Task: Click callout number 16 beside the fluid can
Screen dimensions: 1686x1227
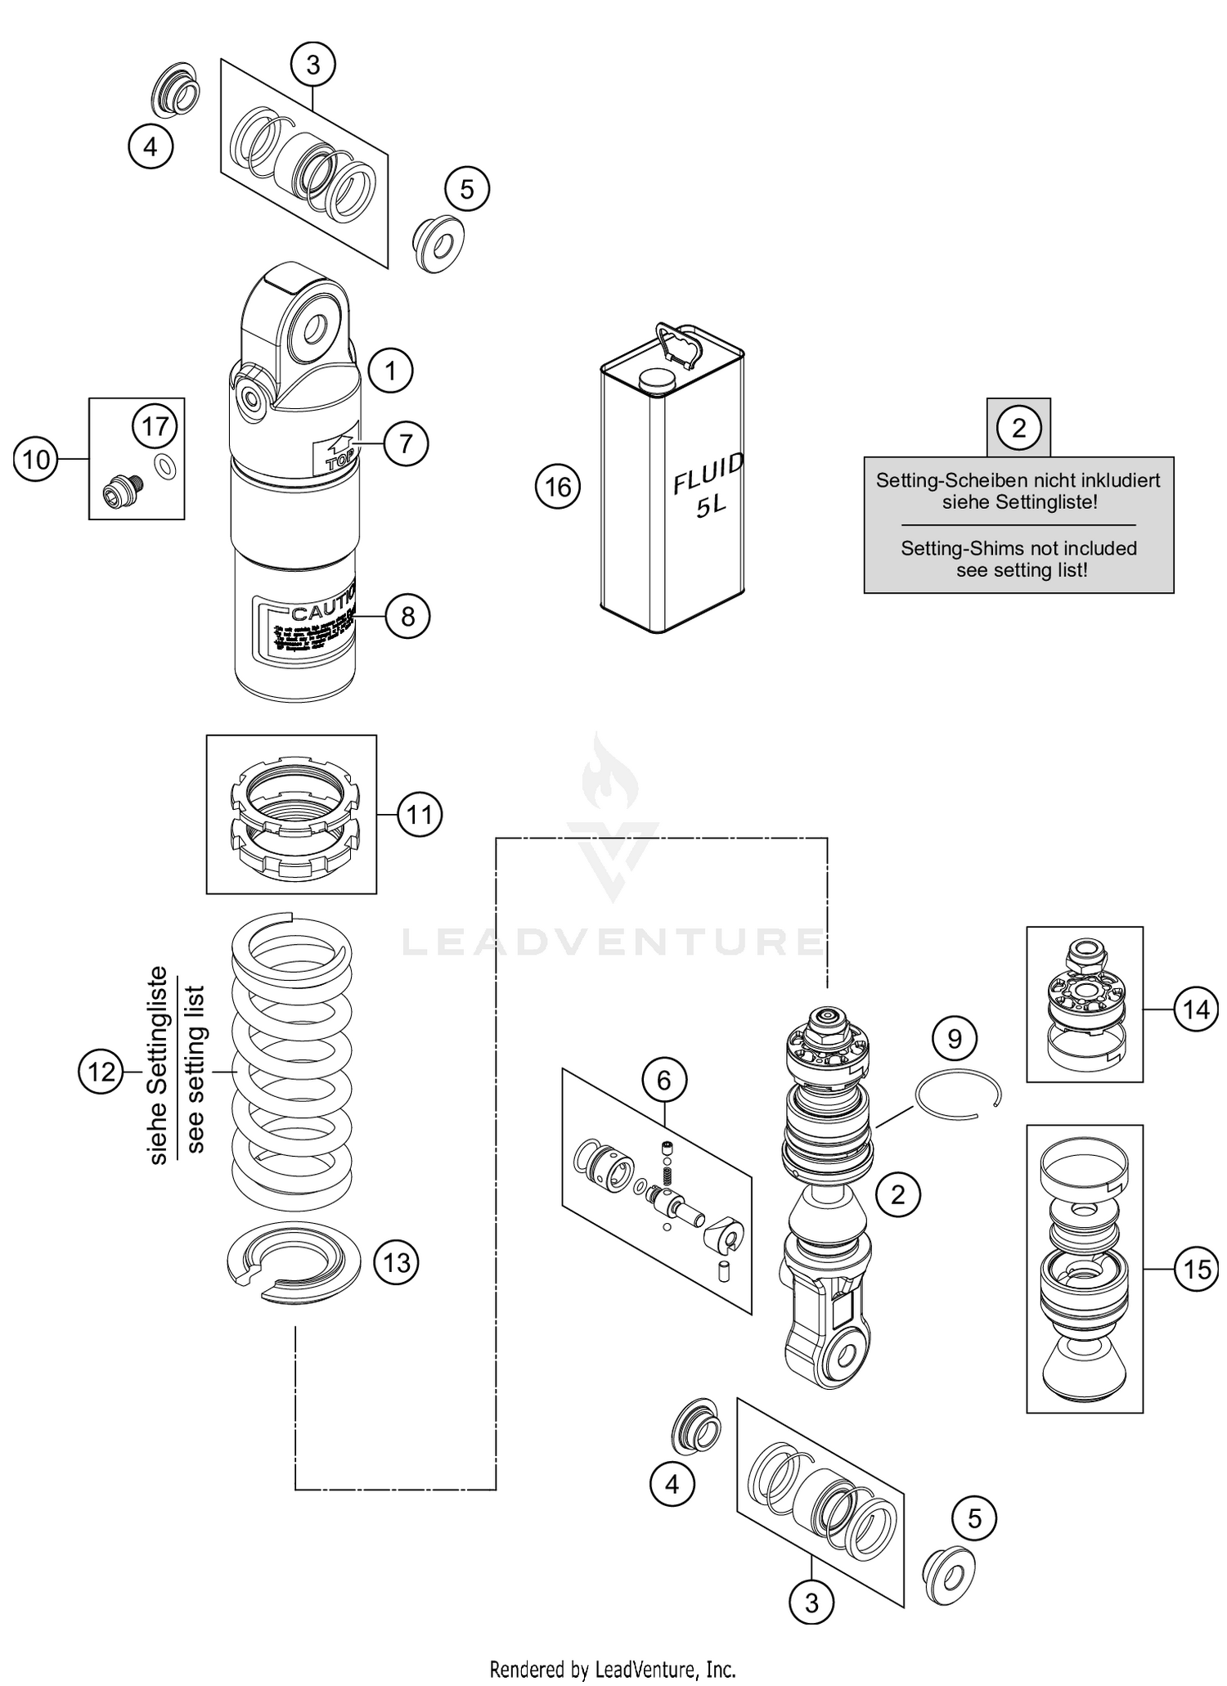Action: [x=558, y=487]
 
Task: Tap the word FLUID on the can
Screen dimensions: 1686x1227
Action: [x=708, y=474]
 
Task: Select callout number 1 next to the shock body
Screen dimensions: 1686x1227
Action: [x=390, y=371]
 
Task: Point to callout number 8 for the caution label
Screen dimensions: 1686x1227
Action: [x=407, y=616]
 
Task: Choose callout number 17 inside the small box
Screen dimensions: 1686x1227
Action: [x=155, y=426]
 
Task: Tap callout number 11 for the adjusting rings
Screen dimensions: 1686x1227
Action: [x=420, y=815]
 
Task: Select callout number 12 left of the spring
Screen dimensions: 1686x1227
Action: [x=101, y=1071]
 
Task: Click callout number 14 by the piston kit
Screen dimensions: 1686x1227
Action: [x=1196, y=1010]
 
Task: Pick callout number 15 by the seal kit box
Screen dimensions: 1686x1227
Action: [x=1196, y=1269]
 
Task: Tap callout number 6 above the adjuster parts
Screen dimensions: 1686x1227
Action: [x=663, y=1080]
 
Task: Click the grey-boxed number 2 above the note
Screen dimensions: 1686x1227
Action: [x=1018, y=427]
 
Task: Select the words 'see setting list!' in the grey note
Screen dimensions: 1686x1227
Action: [x=1022, y=570]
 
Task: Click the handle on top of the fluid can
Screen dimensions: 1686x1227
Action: [x=679, y=345]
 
